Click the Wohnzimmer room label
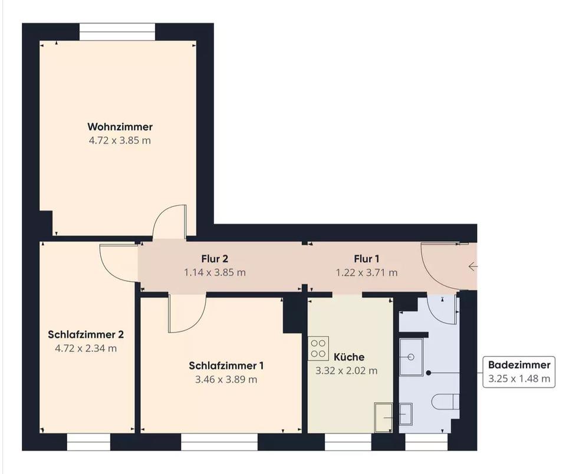pos(120,127)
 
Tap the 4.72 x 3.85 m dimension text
pos(120,140)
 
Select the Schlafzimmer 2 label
pos(86,335)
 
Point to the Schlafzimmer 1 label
pos(226,366)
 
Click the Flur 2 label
pos(215,259)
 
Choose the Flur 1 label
pos(367,259)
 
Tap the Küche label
pos(349,357)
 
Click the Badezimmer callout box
pos(519,372)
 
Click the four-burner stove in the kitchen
pos(318,348)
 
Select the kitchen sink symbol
pos(384,417)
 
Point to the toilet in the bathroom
pos(446,401)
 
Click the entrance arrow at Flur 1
pos(473,267)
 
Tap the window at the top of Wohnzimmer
pos(117,32)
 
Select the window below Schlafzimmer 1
pos(219,442)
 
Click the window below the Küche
pos(348,442)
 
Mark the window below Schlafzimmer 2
pos(89,442)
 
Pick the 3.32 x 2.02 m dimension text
pos(347,371)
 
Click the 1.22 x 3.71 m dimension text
pos(367,272)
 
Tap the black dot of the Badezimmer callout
pos(429,373)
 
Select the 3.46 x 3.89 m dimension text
pos(226,380)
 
